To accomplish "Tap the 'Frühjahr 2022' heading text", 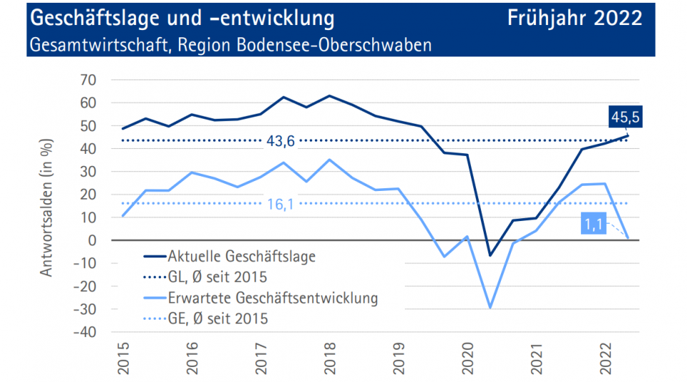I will [576, 18].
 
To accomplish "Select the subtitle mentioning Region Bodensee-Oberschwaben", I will [230, 45].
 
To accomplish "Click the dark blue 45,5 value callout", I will [625, 117].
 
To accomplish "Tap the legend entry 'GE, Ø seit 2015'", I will [218, 318].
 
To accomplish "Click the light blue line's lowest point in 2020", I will [491, 308].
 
